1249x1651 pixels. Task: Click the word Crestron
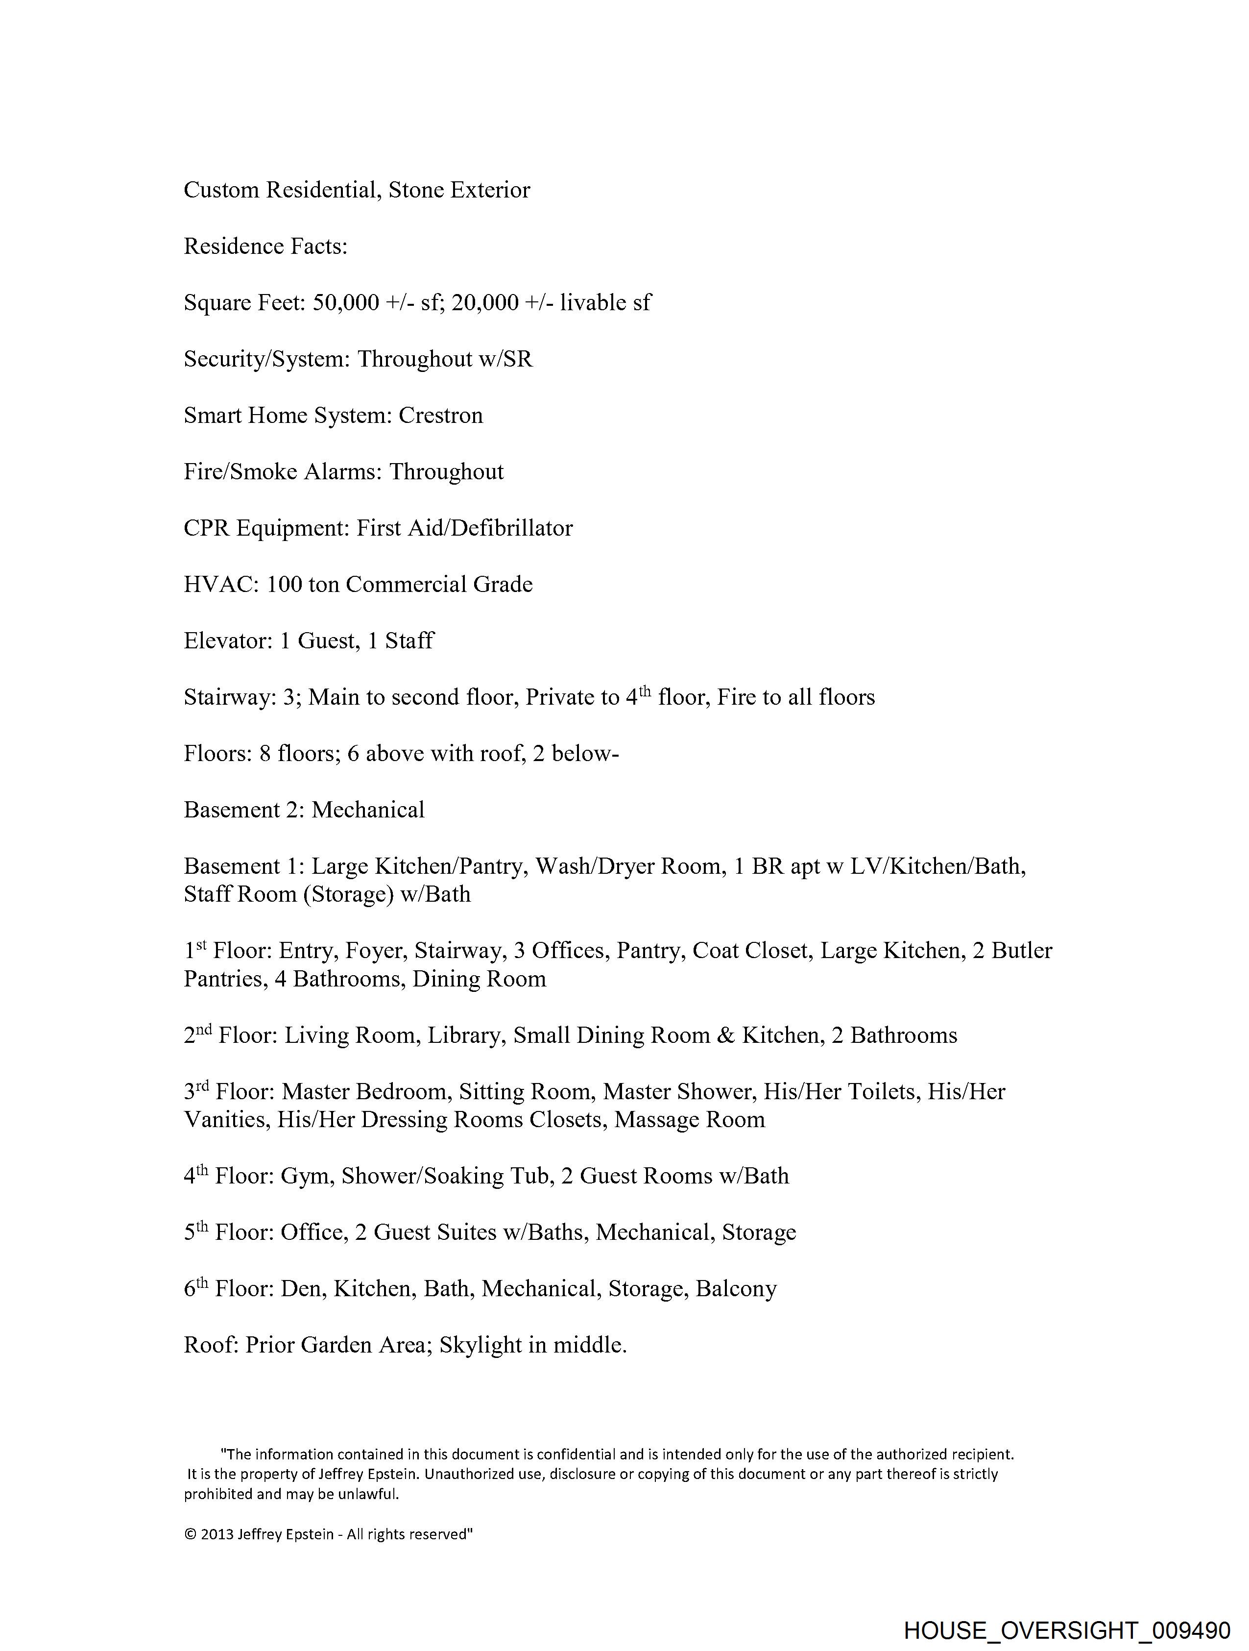(440, 416)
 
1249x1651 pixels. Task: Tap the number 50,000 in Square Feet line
(345, 303)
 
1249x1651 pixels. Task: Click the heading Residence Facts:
(265, 246)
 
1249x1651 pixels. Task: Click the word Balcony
(736, 1289)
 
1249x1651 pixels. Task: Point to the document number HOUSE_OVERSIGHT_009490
(1066, 1629)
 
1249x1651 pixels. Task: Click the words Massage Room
(690, 1120)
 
